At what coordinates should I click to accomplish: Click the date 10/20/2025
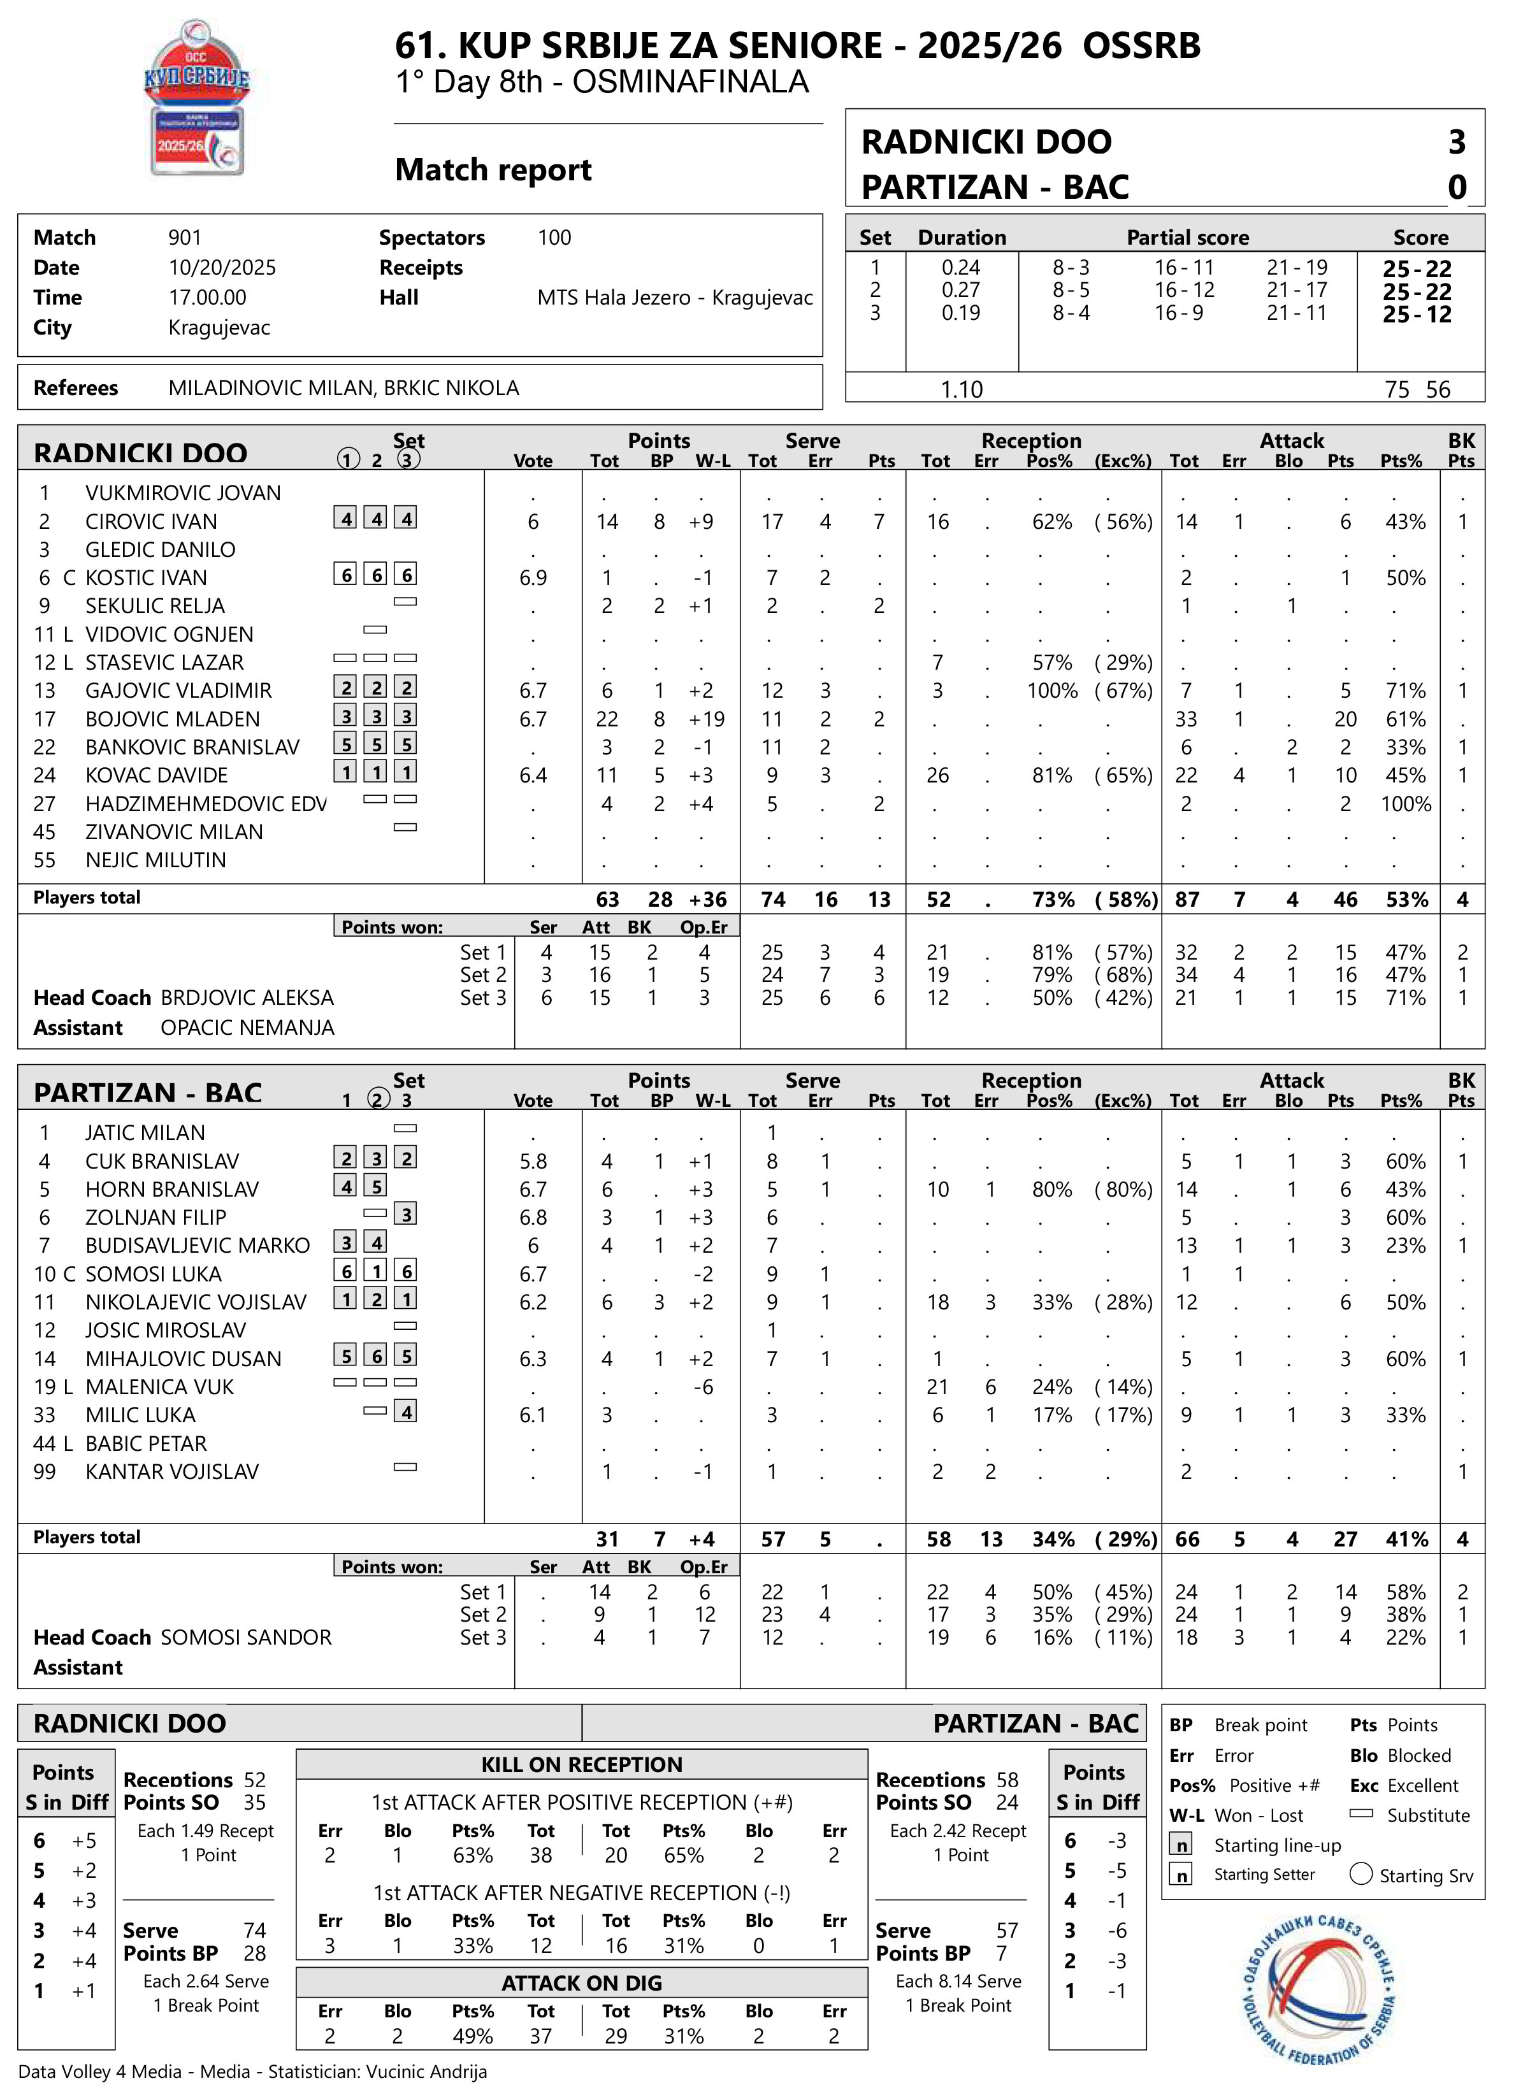point(222,268)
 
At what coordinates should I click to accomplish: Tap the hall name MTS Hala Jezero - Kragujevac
point(674,298)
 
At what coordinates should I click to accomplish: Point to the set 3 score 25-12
point(1417,315)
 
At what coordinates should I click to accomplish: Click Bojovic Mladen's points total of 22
point(607,719)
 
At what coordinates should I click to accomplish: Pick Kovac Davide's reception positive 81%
point(1051,776)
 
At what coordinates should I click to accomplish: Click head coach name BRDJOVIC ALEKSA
point(247,998)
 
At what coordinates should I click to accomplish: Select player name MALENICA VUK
point(159,1387)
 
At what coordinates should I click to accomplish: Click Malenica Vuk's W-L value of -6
point(703,1387)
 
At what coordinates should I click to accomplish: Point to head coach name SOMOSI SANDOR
point(247,1638)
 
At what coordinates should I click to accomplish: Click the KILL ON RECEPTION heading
point(582,1765)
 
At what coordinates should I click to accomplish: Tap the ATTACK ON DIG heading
point(582,1984)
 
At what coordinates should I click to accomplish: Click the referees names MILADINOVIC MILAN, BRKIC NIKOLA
point(343,388)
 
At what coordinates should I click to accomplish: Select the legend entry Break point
point(1260,1726)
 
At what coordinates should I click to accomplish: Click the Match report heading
point(493,170)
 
